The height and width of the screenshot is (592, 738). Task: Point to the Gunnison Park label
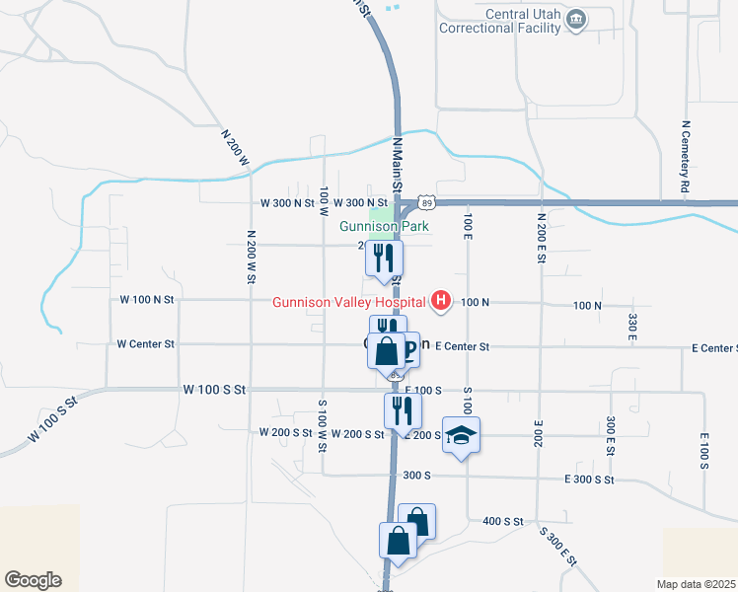pyautogui.click(x=369, y=226)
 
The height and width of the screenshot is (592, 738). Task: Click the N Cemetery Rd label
pyautogui.click(x=684, y=157)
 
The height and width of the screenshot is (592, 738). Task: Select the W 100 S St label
pyautogui.click(x=214, y=390)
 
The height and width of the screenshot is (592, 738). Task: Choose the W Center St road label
pyautogui.click(x=145, y=344)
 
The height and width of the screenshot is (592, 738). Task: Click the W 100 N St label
pyautogui.click(x=146, y=298)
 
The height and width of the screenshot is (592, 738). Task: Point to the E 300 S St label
pyautogui.click(x=589, y=480)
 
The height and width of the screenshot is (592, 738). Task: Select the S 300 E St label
pyautogui.click(x=557, y=545)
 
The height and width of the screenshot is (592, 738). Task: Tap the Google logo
pyautogui.click(x=33, y=580)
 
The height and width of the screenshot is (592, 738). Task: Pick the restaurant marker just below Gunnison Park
pyautogui.click(x=383, y=259)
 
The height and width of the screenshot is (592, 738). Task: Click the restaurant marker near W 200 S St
pyautogui.click(x=402, y=410)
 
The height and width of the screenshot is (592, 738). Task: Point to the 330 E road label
pyautogui.click(x=631, y=326)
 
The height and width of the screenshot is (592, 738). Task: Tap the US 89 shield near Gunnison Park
pyautogui.click(x=424, y=202)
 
